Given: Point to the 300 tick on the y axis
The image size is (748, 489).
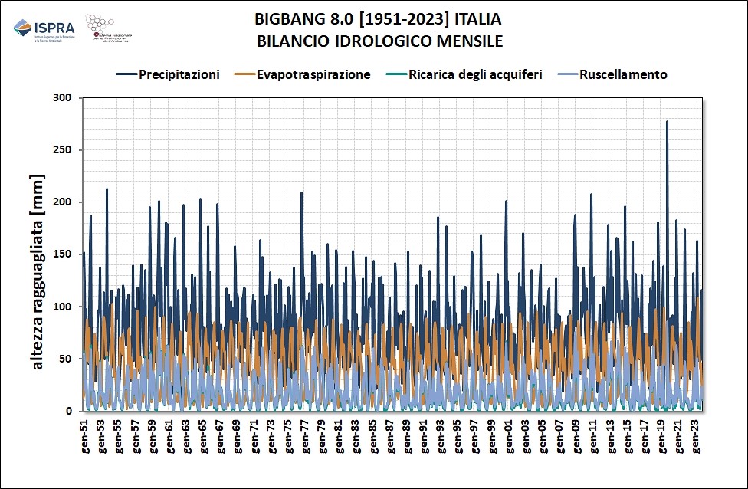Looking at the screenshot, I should coord(62,98).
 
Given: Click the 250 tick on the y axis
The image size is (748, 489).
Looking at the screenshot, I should coord(62,150).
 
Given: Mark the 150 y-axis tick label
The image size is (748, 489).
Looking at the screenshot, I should coord(62,254).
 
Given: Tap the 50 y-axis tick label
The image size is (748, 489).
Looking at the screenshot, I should coord(65,359).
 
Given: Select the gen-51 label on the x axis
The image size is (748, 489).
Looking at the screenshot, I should coord(84,434).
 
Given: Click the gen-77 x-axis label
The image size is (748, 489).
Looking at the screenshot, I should coord(305,434).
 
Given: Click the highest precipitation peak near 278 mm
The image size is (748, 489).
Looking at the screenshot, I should coord(667,122).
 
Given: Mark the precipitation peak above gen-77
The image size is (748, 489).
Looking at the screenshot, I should coord(301,193).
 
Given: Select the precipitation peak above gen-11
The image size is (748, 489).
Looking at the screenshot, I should coord(591,195).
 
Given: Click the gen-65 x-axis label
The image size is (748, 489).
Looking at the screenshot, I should coord(203,434).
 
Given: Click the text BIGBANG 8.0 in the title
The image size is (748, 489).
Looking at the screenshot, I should coord(287,18).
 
